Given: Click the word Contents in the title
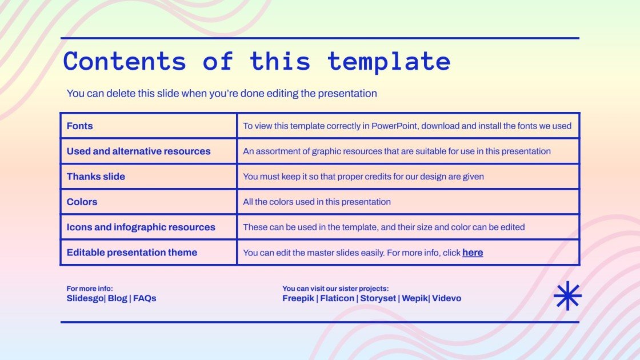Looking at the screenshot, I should [x=125, y=61].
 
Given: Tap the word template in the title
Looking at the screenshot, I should [x=389, y=61].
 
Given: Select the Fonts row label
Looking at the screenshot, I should [x=79, y=126].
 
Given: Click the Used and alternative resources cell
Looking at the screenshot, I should [x=138, y=151].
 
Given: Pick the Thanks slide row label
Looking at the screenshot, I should [x=95, y=177].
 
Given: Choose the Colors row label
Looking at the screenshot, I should [x=82, y=202].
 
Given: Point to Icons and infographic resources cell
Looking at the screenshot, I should [x=141, y=227].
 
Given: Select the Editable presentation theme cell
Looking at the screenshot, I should [x=131, y=253].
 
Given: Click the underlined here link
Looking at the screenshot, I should [x=473, y=253].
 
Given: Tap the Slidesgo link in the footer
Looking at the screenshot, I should [x=85, y=298].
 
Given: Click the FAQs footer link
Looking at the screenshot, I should [x=145, y=298].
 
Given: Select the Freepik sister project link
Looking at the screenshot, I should [x=298, y=298].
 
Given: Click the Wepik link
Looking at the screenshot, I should [x=414, y=298].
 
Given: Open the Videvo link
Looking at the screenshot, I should [x=447, y=298].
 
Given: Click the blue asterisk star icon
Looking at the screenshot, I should [x=567, y=297].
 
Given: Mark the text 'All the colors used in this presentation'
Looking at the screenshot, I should [x=317, y=202].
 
